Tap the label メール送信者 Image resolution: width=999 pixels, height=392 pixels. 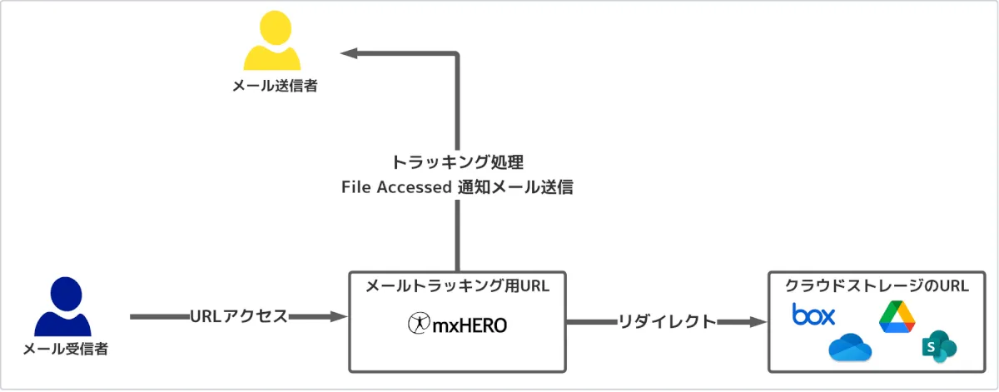[x=275, y=86]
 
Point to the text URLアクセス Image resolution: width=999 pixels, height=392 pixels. [x=238, y=316]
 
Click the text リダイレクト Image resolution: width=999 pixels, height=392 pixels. [x=666, y=321]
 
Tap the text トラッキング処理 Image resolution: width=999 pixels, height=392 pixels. [x=457, y=161]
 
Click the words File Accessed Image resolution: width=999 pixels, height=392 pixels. [x=396, y=187]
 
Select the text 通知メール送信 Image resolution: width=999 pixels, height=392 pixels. [x=515, y=187]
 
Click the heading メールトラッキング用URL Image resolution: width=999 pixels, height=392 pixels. [x=457, y=286]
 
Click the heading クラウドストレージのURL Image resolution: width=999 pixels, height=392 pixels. [x=877, y=286]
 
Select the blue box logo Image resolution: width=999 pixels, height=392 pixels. [x=813, y=315]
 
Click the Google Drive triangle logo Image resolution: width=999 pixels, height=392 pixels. [x=897, y=317]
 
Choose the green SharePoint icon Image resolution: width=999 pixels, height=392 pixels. [x=938, y=347]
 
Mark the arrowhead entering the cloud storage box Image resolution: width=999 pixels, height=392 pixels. [x=758, y=321]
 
